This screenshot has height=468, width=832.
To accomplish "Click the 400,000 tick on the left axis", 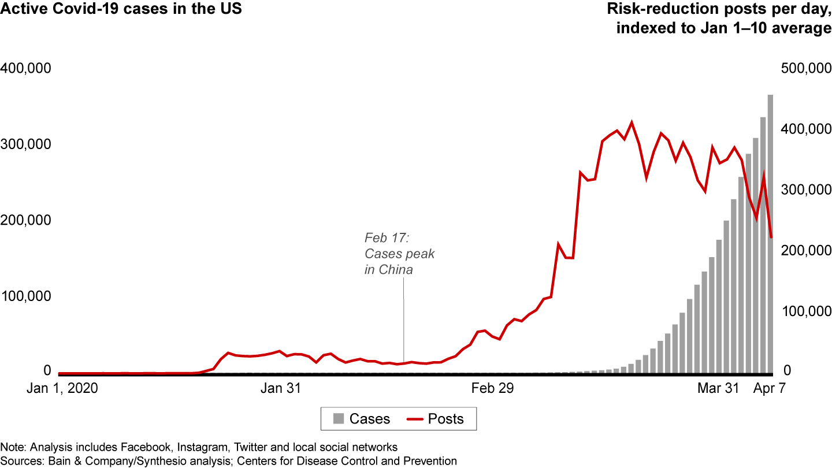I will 27,68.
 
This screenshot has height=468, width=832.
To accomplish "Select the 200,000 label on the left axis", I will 27,220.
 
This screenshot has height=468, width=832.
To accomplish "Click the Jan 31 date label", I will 280,389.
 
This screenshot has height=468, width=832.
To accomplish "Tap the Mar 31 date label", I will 718,389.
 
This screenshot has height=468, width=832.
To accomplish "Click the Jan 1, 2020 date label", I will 62,389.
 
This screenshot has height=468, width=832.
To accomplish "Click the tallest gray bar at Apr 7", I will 770,231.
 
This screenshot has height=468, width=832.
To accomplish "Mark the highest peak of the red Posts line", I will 632,122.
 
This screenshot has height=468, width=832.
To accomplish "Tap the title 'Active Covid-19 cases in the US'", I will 121,10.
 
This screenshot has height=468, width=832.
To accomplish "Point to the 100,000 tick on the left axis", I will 27,296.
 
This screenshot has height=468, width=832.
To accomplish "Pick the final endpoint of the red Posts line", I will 771,237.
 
